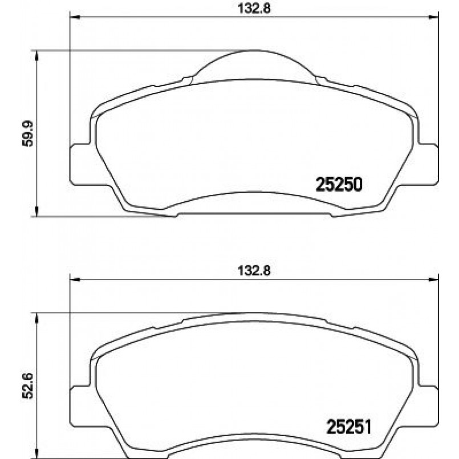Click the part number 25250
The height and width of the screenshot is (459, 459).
[339, 185]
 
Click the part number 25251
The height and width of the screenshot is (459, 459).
[348, 426]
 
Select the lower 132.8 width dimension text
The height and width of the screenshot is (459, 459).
[254, 272]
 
